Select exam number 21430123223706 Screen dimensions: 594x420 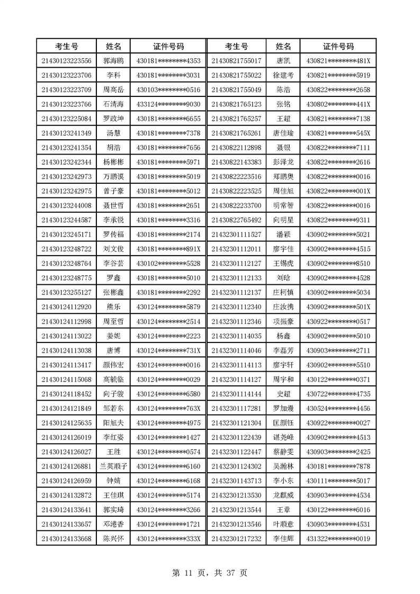pos(67,75)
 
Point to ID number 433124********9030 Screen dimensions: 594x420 pos(168,103)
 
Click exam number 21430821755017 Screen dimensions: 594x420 pos(236,61)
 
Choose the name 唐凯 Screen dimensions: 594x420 pos(283,61)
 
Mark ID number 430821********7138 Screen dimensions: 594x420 pos(338,118)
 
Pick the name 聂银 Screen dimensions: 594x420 pos(283,147)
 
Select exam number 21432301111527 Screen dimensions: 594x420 pos(236,234)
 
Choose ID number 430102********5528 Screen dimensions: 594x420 pos(168,263)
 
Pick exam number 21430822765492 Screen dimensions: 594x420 pos(236,220)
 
